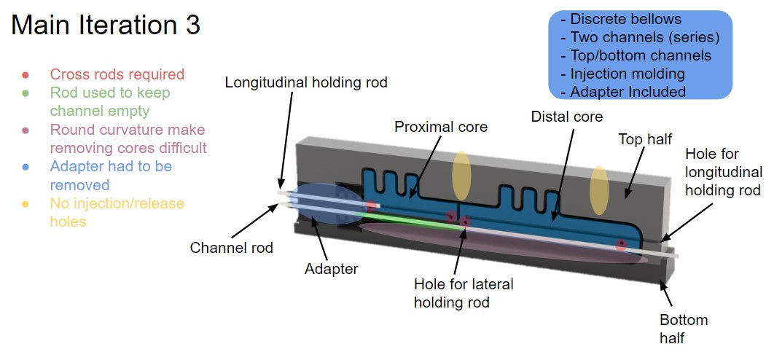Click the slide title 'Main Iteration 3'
(x=106, y=26)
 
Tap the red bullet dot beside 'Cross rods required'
(x=26, y=74)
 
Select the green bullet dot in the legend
(x=26, y=93)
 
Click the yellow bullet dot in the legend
(x=26, y=203)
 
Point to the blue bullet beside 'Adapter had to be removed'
(x=26, y=167)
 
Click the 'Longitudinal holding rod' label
(x=305, y=82)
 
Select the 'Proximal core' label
(x=441, y=127)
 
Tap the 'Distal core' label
(x=567, y=116)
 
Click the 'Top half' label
(x=644, y=138)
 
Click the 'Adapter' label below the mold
(x=331, y=269)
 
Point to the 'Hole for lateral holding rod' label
(x=464, y=292)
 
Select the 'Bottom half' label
(x=684, y=329)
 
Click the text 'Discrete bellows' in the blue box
(x=625, y=20)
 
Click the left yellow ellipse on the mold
(x=461, y=175)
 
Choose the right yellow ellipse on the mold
(x=599, y=189)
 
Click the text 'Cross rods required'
(x=117, y=74)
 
